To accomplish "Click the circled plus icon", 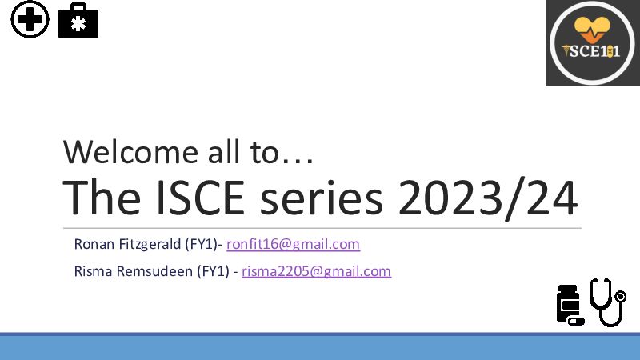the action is tap(30, 19).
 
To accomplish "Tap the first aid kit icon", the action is tap(78, 21).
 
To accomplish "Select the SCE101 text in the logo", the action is tap(592, 51).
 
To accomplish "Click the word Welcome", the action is tap(130, 152).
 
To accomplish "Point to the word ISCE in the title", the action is tap(201, 198).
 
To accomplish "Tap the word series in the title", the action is tap(322, 198).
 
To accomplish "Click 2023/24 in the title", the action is tap(488, 198).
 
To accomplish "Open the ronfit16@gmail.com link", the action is tap(293, 244).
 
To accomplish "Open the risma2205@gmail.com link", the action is tap(316, 271).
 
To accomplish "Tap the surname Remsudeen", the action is tap(154, 271).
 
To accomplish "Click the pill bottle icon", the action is tap(570, 305).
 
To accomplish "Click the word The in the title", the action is tap(102, 198).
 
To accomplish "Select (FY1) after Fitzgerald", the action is tap(202, 245).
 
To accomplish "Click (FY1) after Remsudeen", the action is tap(213, 272).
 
